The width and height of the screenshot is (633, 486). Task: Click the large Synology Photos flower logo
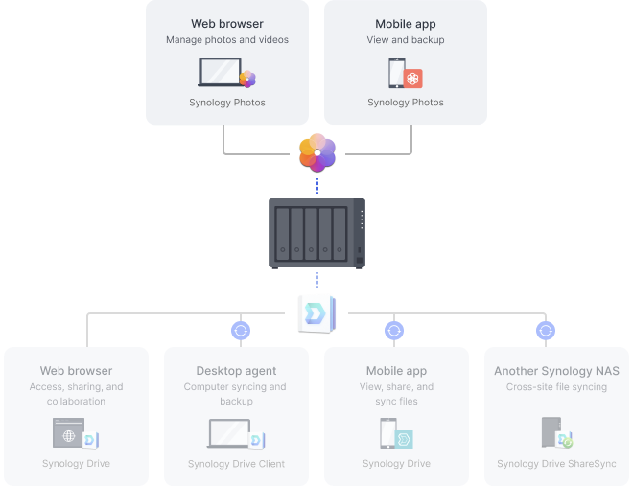click(x=317, y=152)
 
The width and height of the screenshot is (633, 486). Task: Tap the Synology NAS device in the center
click(x=316, y=234)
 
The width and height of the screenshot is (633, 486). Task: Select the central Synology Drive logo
click(x=316, y=314)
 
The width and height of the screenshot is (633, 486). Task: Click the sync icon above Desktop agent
click(x=241, y=331)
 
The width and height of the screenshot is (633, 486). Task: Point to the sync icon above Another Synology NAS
click(x=546, y=331)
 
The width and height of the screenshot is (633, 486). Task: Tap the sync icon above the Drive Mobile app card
click(x=394, y=331)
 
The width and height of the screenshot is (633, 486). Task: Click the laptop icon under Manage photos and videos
click(x=221, y=72)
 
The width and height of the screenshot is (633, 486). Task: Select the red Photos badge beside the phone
click(x=412, y=79)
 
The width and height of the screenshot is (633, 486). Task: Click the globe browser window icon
click(x=69, y=432)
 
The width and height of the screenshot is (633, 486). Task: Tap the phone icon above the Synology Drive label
click(x=388, y=433)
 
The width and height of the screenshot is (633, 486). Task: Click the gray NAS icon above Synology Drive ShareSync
click(x=551, y=432)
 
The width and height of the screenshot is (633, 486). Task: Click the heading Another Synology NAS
click(x=556, y=371)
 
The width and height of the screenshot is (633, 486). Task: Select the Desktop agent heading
click(x=236, y=371)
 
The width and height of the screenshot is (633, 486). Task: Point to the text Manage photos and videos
click(x=227, y=40)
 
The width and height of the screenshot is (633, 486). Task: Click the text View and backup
click(x=406, y=40)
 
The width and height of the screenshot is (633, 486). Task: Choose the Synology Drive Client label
click(x=236, y=464)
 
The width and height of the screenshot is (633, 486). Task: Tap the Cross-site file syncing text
click(x=556, y=386)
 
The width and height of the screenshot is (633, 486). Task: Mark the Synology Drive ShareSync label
click(x=556, y=464)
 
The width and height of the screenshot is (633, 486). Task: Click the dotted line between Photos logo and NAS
click(x=317, y=186)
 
